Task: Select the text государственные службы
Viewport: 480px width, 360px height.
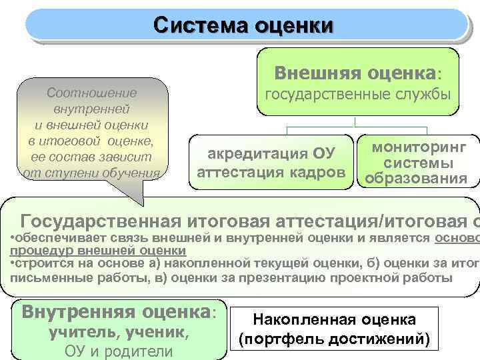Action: (358, 95)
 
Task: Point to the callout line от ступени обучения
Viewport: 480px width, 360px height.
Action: (91, 173)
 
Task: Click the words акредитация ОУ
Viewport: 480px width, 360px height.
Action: (270, 155)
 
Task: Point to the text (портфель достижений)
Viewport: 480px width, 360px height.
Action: (339, 338)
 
